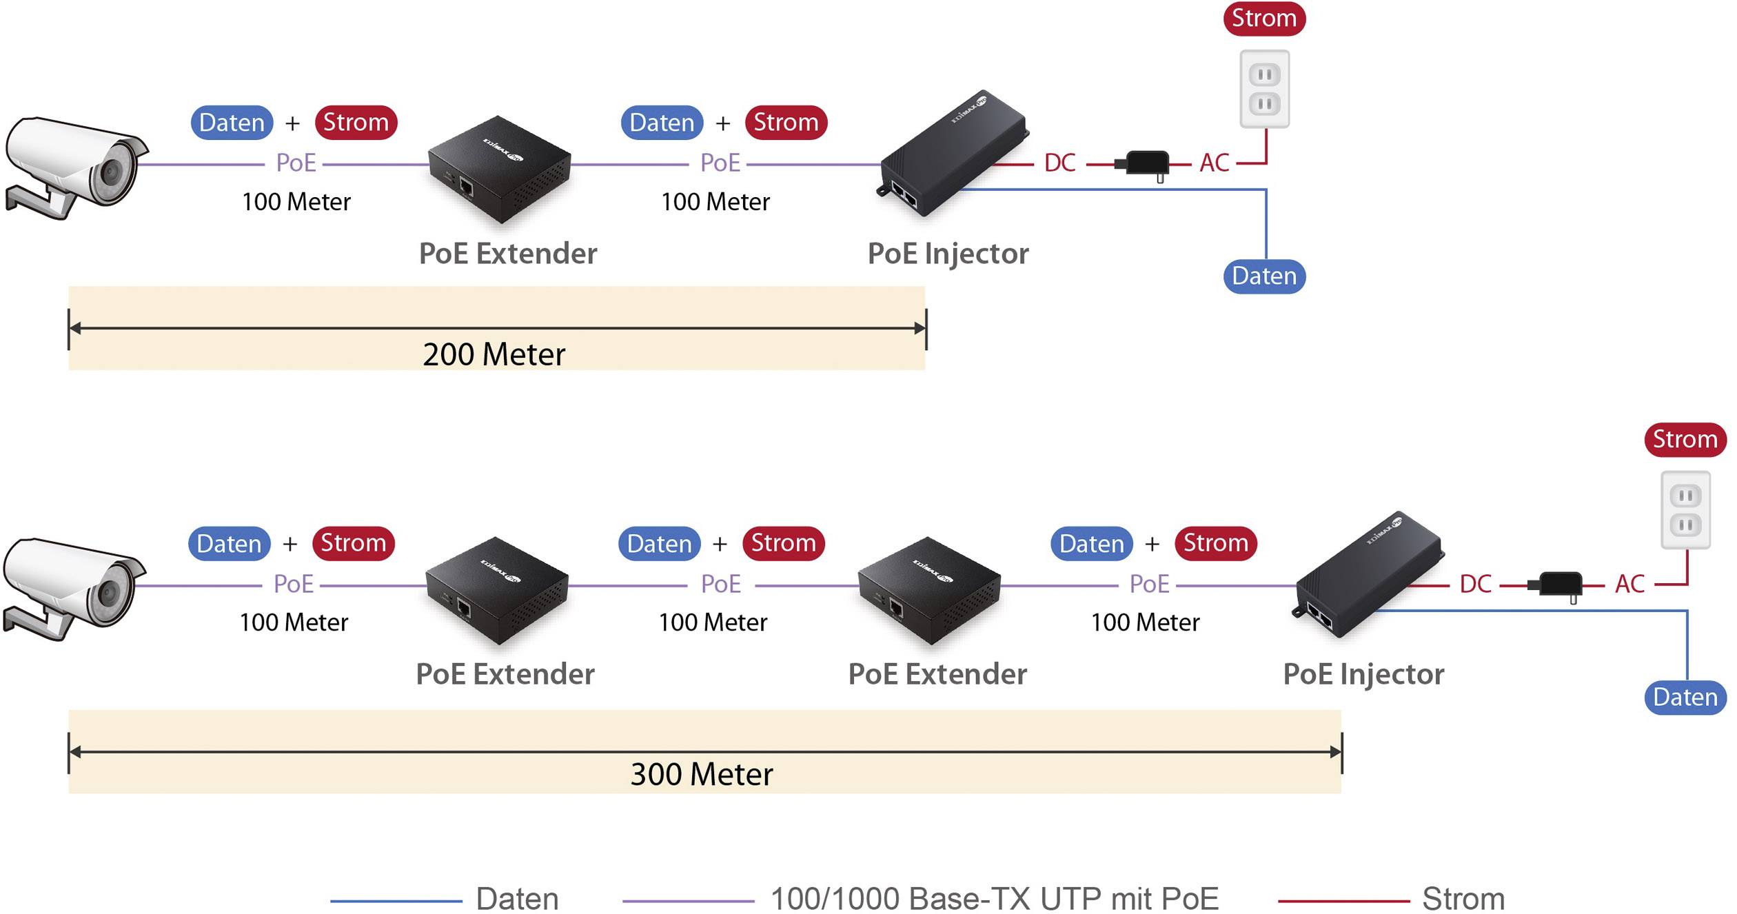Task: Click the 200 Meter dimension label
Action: click(494, 354)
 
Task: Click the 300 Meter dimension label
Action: click(702, 774)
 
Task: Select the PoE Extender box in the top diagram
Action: click(500, 169)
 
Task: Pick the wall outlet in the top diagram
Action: click(1264, 89)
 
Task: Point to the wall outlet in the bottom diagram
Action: click(1685, 510)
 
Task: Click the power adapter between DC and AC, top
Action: click(1146, 164)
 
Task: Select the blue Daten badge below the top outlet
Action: click(1264, 276)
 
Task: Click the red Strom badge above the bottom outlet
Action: click(1685, 439)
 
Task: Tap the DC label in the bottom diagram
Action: click(1475, 585)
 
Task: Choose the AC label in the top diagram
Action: click(1214, 163)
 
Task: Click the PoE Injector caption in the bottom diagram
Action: click(1363, 674)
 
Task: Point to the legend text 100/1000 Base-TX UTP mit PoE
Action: click(994, 898)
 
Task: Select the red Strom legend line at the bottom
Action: click(1343, 900)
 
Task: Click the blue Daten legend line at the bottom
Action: click(396, 900)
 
